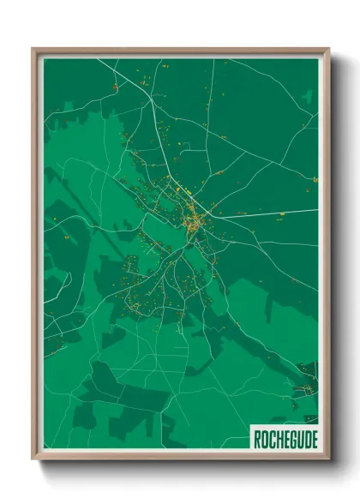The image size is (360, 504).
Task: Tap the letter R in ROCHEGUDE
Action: click(256, 439)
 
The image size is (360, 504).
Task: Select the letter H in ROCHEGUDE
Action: click(275, 439)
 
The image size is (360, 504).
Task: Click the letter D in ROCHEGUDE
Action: click(302, 439)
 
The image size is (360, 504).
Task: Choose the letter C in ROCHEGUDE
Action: click(269, 439)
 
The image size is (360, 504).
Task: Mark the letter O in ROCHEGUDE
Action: click(262, 439)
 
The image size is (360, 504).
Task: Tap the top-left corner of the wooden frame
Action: click(33, 49)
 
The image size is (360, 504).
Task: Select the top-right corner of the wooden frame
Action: click(328, 49)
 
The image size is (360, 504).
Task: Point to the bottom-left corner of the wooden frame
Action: click(33, 459)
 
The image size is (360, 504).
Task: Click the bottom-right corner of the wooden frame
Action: click(328, 459)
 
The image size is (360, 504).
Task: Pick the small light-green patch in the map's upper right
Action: click(306, 97)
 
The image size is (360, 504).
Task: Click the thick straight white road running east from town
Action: click(266, 213)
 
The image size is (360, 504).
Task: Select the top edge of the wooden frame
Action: click(180, 50)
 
